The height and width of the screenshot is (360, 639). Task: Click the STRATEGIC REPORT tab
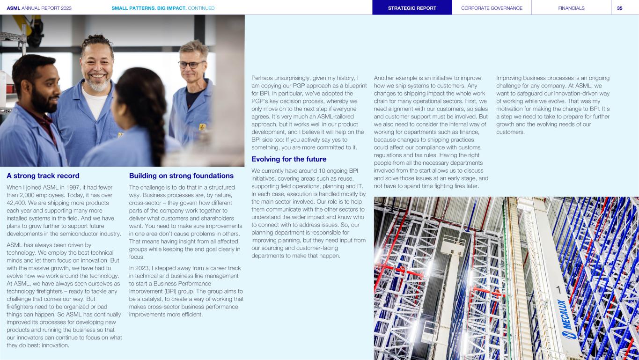pos(412,8)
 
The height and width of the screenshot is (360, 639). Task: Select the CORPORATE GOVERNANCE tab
pos(492,8)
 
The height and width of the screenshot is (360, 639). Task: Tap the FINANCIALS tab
pos(571,8)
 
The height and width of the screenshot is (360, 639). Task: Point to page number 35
pos(619,8)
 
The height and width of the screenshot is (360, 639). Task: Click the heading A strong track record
pos(43,176)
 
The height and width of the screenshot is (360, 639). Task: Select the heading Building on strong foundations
pos(181,176)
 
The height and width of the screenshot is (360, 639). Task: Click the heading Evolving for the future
pos(289,159)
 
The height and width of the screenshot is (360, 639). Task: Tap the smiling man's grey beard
pos(97,85)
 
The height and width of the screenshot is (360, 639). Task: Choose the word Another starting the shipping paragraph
pos(386,78)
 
